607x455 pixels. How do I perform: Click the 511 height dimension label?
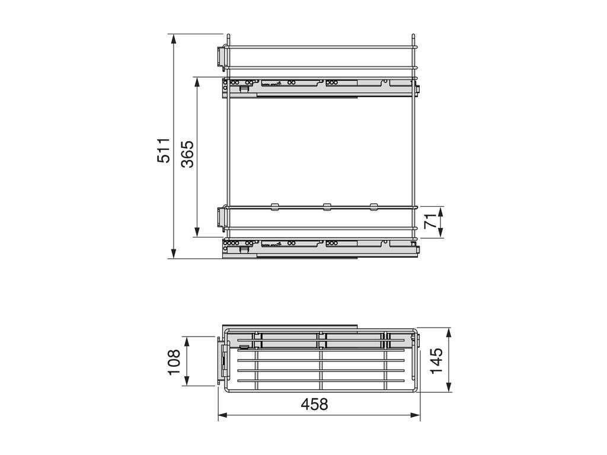coord(164,150)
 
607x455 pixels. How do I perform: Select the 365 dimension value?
coord(188,153)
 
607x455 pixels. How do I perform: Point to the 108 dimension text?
coord(174,362)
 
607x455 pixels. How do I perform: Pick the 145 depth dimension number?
coord(437,361)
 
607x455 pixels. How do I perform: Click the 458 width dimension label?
coord(314,404)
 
